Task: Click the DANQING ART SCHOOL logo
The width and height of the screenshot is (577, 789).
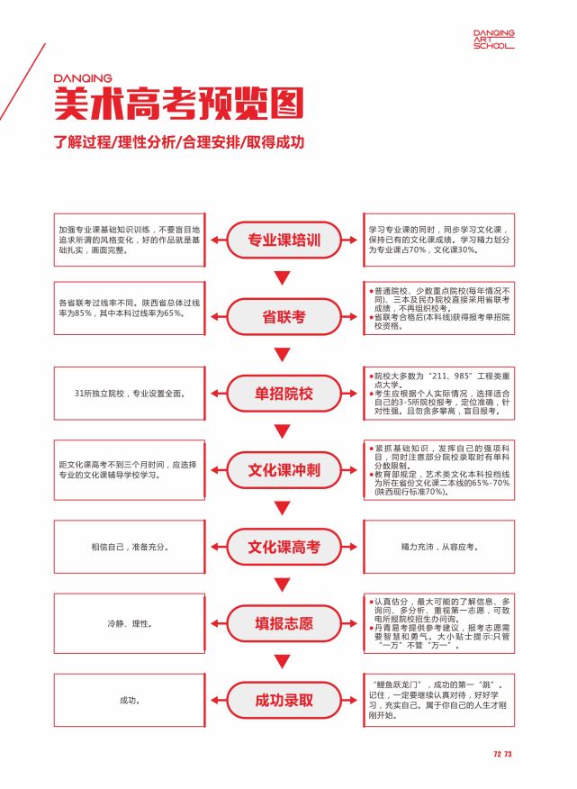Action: click(x=494, y=39)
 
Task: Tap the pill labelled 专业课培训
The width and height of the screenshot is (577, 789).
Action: click(x=284, y=240)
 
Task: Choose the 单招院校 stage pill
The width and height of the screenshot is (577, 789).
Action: click(x=284, y=393)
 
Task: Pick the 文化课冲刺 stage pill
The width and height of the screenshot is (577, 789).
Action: click(x=284, y=469)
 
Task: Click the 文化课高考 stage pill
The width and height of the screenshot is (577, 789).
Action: click(x=284, y=546)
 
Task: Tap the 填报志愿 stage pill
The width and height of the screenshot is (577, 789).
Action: click(x=284, y=622)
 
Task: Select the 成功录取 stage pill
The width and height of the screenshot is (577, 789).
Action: click(x=284, y=699)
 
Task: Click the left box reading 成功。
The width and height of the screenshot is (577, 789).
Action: click(x=131, y=699)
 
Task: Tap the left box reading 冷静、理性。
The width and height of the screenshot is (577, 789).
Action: click(x=131, y=622)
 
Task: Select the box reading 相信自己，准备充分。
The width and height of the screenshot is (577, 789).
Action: click(x=131, y=546)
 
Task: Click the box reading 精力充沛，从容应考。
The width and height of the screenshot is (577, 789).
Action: click(x=438, y=546)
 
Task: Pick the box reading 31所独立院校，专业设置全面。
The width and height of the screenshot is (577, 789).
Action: click(x=131, y=393)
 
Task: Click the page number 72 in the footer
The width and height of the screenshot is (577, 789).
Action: click(x=497, y=754)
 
